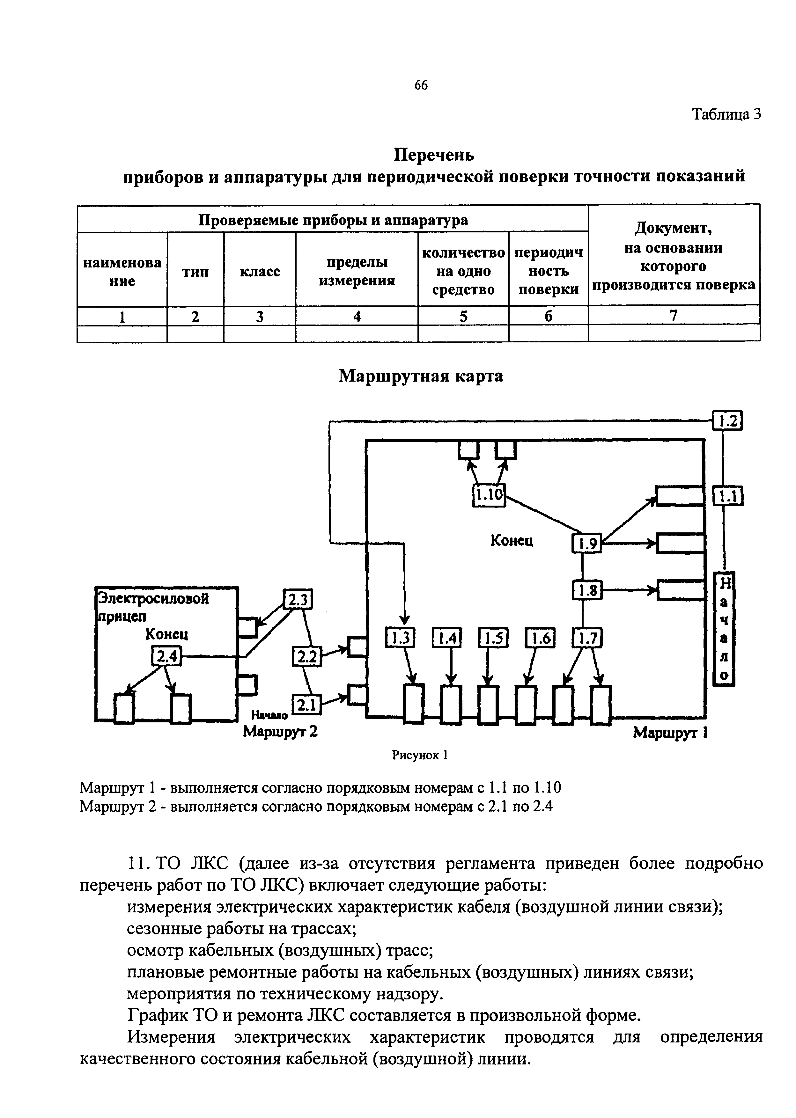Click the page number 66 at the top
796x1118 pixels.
[x=421, y=85]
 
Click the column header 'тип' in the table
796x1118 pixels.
[x=195, y=271]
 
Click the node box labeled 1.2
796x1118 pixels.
[x=727, y=421]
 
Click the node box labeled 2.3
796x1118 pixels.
[x=298, y=600]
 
